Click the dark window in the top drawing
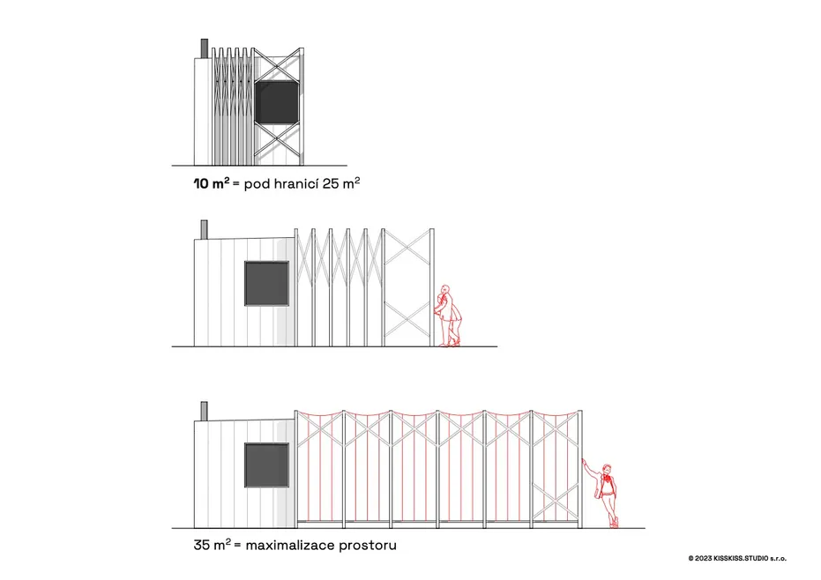pyautogui.click(x=277, y=101)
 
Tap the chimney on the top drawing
pyautogui.click(x=205, y=48)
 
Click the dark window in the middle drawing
pyautogui.click(x=266, y=283)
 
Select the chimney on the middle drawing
pyautogui.click(x=205, y=229)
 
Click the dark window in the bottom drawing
pyautogui.click(x=266, y=465)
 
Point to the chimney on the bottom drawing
pyautogui.click(x=205, y=411)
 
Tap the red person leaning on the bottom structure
pyautogui.click(x=603, y=494)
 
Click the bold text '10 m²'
pyautogui.click(x=212, y=183)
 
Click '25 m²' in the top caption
pyautogui.click(x=341, y=182)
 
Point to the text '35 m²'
pyautogui.click(x=212, y=545)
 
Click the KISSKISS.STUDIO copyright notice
pyautogui.click(x=737, y=559)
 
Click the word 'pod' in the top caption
pyautogui.click(x=257, y=184)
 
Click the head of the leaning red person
pyautogui.click(x=607, y=469)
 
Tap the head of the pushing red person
pyautogui.click(x=445, y=290)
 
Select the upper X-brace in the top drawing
pyautogui.click(x=278, y=65)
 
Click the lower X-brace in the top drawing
pyautogui.click(x=278, y=140)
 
